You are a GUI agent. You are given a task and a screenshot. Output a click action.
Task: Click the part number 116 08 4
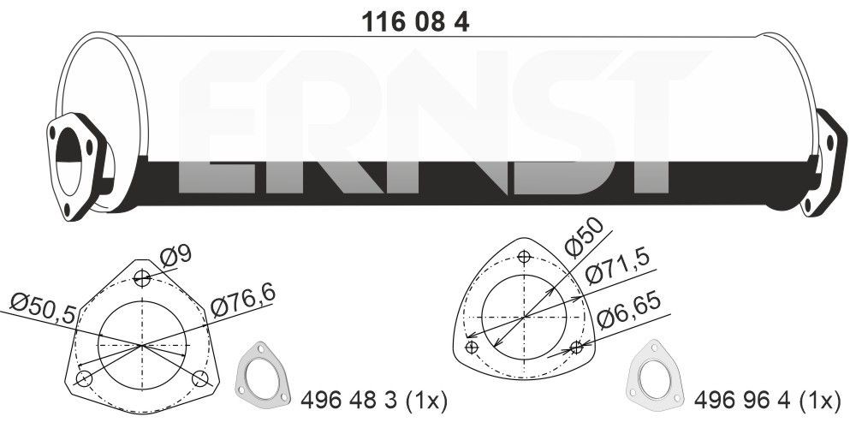[419, 23]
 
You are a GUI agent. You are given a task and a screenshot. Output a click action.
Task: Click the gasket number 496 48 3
[350, 400]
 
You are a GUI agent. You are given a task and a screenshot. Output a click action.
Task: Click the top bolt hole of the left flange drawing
[142, 278]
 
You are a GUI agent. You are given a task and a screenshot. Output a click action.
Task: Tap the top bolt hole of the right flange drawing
[524, 256]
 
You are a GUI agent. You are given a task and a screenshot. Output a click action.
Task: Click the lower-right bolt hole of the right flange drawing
[577, 347]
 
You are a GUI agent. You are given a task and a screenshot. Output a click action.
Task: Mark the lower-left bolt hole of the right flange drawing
[471, 347]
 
